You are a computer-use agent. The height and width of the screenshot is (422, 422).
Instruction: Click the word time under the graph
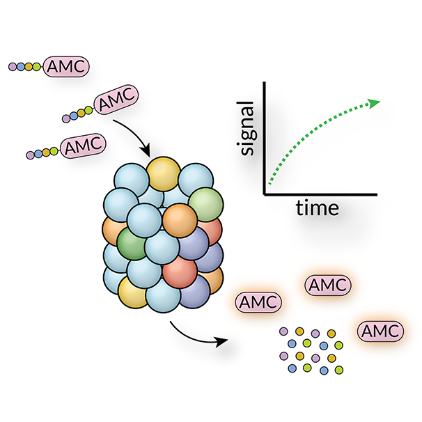[x=317, y=207]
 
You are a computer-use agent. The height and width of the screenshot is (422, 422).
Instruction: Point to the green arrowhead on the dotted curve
[x=375, y=103]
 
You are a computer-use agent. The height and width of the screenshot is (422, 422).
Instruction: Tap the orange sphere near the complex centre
[x=180, y=221]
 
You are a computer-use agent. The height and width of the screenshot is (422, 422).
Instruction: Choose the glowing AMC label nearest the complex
[x=259, y=302]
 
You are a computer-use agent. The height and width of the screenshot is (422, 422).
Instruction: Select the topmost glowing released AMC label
[x=327, y=285]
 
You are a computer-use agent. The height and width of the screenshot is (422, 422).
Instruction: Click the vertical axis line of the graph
[x=265, y=139]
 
